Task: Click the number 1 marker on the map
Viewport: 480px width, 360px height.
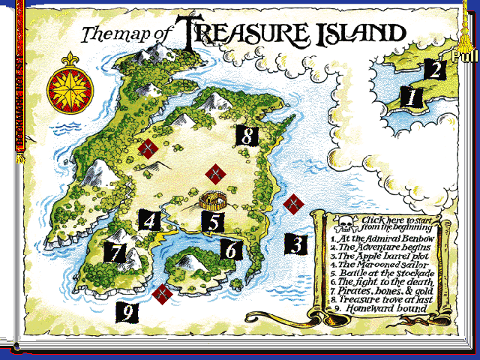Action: click(410, 96)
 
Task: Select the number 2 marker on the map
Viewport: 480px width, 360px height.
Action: click(435, 70)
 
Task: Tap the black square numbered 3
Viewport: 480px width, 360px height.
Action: click(296, 244)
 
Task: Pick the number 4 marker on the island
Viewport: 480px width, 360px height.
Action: click(149, 220)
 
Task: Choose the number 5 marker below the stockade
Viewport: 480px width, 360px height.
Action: click(214, 222)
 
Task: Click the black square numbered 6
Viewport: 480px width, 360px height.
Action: click(231, 248)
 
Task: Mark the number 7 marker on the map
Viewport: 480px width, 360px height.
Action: click(115, 252)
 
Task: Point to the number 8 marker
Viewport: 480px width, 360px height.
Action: click(247, 136)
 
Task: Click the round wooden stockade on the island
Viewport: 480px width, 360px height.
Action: click(213, 200)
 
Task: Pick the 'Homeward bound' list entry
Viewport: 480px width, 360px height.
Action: click(386, 308)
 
